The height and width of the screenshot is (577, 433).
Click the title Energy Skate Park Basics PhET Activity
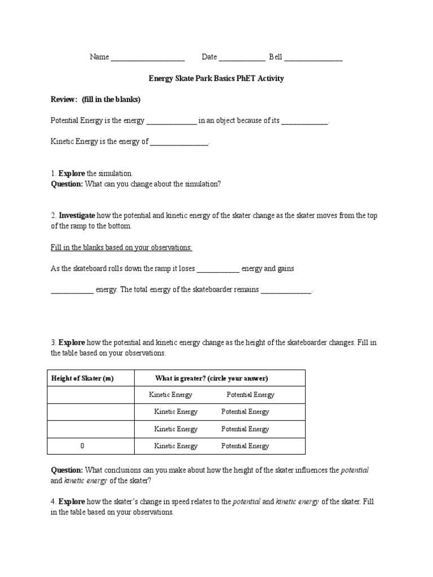(216, 78)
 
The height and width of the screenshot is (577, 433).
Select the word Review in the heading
(63, 99)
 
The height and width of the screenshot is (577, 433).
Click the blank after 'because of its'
(304, 122)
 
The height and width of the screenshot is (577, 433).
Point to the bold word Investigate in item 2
(77, 215)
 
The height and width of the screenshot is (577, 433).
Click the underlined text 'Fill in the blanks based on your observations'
(122, 248)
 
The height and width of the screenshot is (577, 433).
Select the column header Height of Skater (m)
(82, 378)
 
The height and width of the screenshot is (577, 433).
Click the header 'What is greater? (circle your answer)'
(211, 378)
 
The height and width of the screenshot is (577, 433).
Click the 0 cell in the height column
(82, 446)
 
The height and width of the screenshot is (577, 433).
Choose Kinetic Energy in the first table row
(170, 395)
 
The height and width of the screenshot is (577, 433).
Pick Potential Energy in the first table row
(250, 395)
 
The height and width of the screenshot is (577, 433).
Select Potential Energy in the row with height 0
(245, 446)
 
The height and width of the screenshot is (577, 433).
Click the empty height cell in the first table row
(90, 395)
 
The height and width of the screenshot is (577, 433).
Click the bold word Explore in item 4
(72, 501)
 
